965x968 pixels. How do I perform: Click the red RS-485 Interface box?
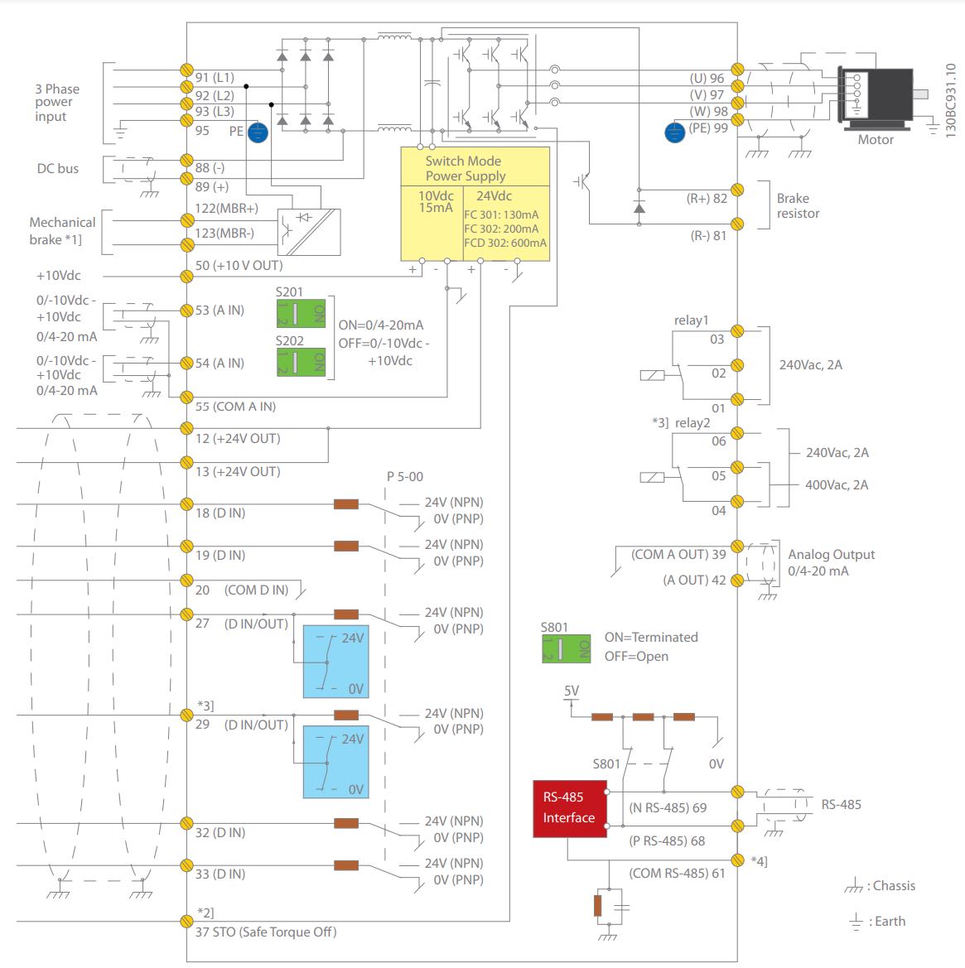(569, 807)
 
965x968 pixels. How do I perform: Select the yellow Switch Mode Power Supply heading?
(475, 168)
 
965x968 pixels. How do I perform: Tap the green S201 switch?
(301, 314)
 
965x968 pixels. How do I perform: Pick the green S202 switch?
(301, 362)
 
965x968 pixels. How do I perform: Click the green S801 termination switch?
(566, 648)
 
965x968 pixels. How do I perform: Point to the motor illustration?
(876, 97)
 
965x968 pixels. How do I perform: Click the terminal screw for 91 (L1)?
(186, 70)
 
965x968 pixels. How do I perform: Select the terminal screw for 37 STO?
(186, 921)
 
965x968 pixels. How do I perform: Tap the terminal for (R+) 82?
(737, 190)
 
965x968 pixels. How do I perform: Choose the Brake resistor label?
(798, 206)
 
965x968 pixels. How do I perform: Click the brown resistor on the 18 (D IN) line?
(345, 503)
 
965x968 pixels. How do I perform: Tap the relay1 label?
(691, 320)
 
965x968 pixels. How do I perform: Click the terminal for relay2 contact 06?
(737, 433)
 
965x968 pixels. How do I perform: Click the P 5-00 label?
(405, 477)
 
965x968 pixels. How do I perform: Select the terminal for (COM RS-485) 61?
(737, 860)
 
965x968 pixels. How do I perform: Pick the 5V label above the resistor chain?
(572, 691)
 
